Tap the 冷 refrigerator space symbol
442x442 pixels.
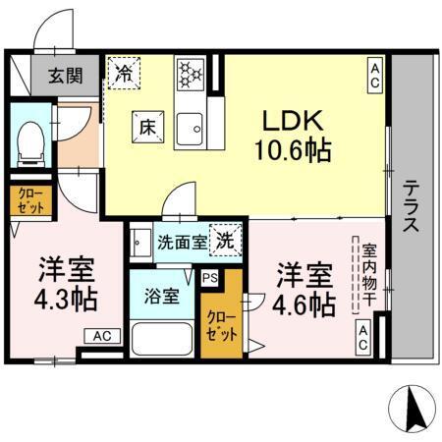[124, 73]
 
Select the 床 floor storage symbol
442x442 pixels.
[146, 126]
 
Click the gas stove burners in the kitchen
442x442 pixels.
[189, 73]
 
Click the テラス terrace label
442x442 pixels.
[412, 203]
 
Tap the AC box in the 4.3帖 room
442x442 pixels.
[103, 336]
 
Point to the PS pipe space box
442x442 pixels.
[208, 278]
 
